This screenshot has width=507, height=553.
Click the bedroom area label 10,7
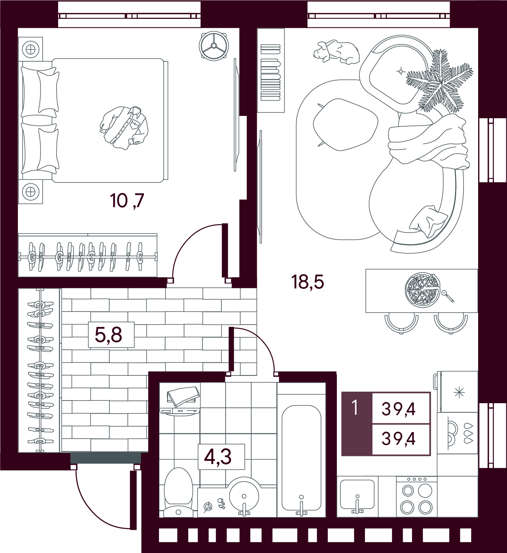127,201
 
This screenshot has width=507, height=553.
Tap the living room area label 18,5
308,282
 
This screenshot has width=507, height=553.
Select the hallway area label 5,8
108,335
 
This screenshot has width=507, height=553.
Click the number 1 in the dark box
355,408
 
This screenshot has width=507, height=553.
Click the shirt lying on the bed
124,128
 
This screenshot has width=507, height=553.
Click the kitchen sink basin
357,494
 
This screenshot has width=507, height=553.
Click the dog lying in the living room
336,52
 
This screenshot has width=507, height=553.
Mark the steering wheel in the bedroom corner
214,46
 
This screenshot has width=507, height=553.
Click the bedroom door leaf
225,250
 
